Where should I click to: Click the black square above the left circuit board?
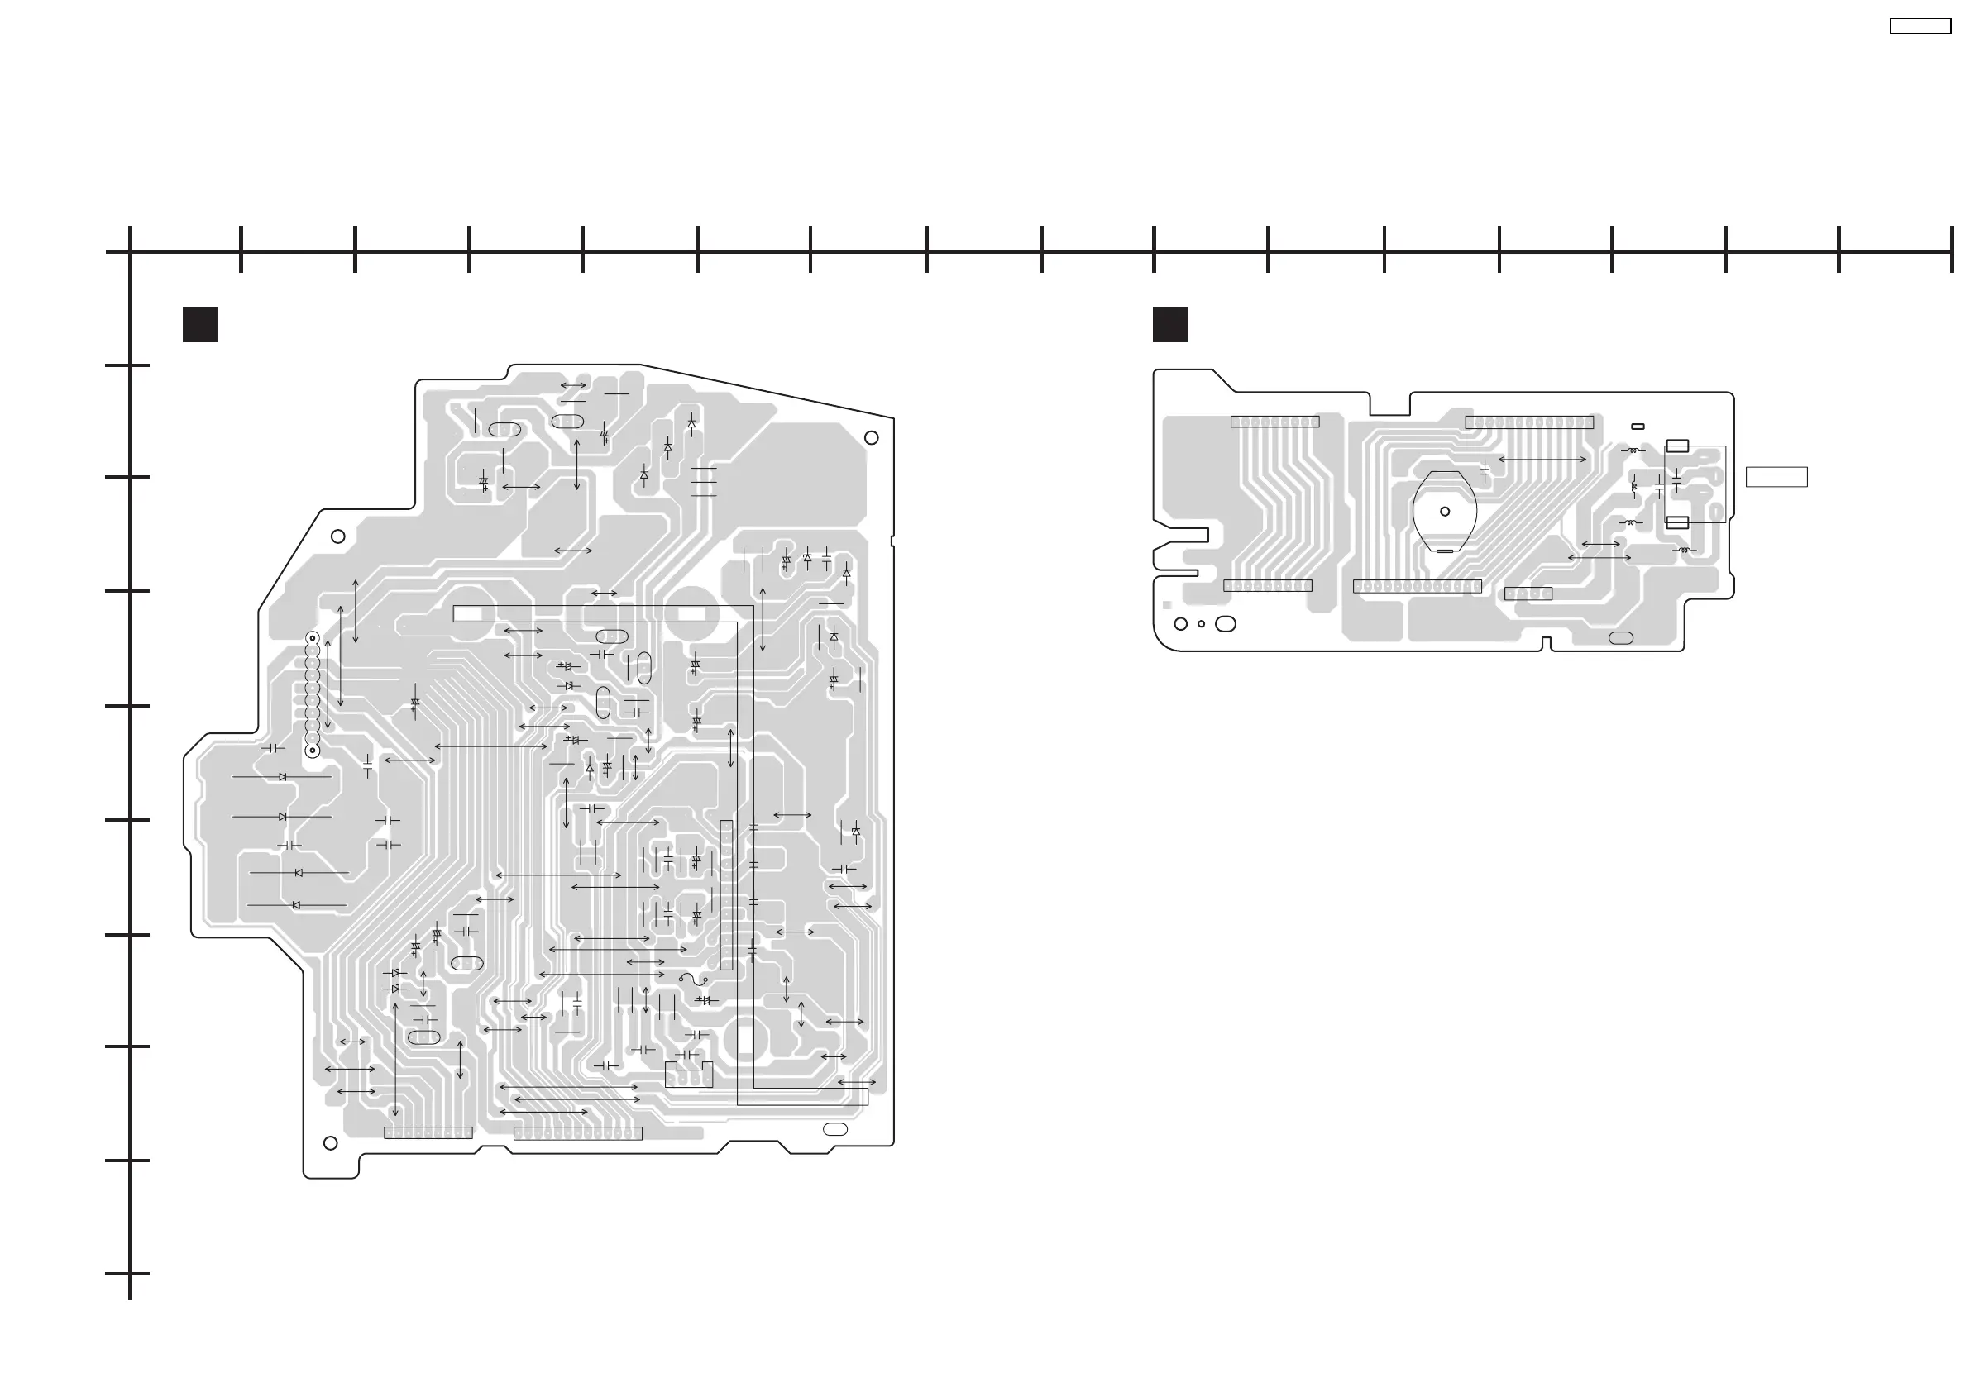click(200, 325)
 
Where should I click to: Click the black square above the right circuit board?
click(1169, 325)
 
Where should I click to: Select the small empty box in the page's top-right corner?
click(1920, 26)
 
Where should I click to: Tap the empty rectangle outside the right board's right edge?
click(1776, 476)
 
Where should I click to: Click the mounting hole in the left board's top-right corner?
click(871, 437)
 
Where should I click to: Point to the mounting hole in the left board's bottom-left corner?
click(330, 1143)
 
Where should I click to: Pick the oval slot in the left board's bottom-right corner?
click(834, 1129)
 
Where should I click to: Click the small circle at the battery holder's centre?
click(1445, 511)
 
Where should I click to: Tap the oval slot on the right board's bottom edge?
click(1621, 637)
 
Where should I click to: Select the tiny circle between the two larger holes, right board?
click(1201, 624)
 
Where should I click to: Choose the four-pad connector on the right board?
click(1528, 594)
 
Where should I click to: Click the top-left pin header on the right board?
click(1274, 422)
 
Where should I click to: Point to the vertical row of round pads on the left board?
click(313, 694)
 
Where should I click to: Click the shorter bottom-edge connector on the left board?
click(428, 1133)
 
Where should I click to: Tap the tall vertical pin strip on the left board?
click(727, 894)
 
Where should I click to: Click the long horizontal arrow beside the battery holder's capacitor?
click(1542, 460)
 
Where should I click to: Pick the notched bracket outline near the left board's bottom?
click(688, 1074)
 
